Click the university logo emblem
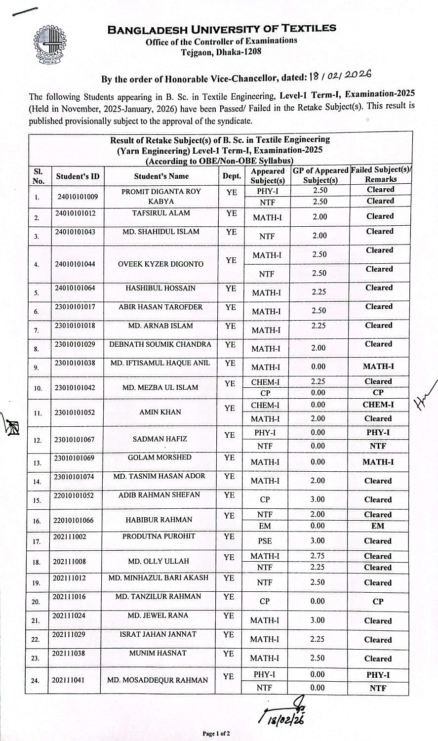[x=51, y=46]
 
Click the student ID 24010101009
[x=78, y=197]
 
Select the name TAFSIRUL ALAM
[x=161, y=213]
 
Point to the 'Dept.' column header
[x=231, y=176]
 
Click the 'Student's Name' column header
[x=161, y=176]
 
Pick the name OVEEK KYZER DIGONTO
[x=160, y=264]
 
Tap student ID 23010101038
[x=75, y=363]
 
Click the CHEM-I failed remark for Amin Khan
[x=378, y=405]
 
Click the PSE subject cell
[x=265, y=541]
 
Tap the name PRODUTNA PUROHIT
[x=159, y=536]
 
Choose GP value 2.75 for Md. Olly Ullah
[x=318, y=556]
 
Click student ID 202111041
[x=69, y=680]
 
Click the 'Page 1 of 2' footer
[x=216, y=734]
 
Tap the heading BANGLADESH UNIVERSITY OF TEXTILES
[x=222, y=29]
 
